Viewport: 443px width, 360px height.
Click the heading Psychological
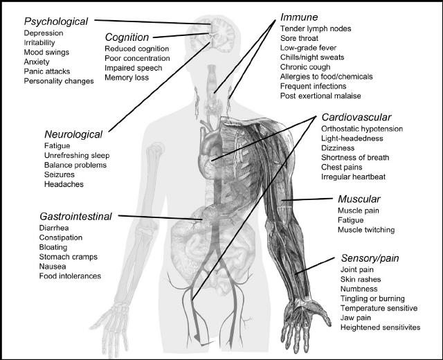pos(56,21)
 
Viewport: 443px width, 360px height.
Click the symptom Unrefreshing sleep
pos(77,156)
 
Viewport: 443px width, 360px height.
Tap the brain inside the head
pos(224,35)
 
